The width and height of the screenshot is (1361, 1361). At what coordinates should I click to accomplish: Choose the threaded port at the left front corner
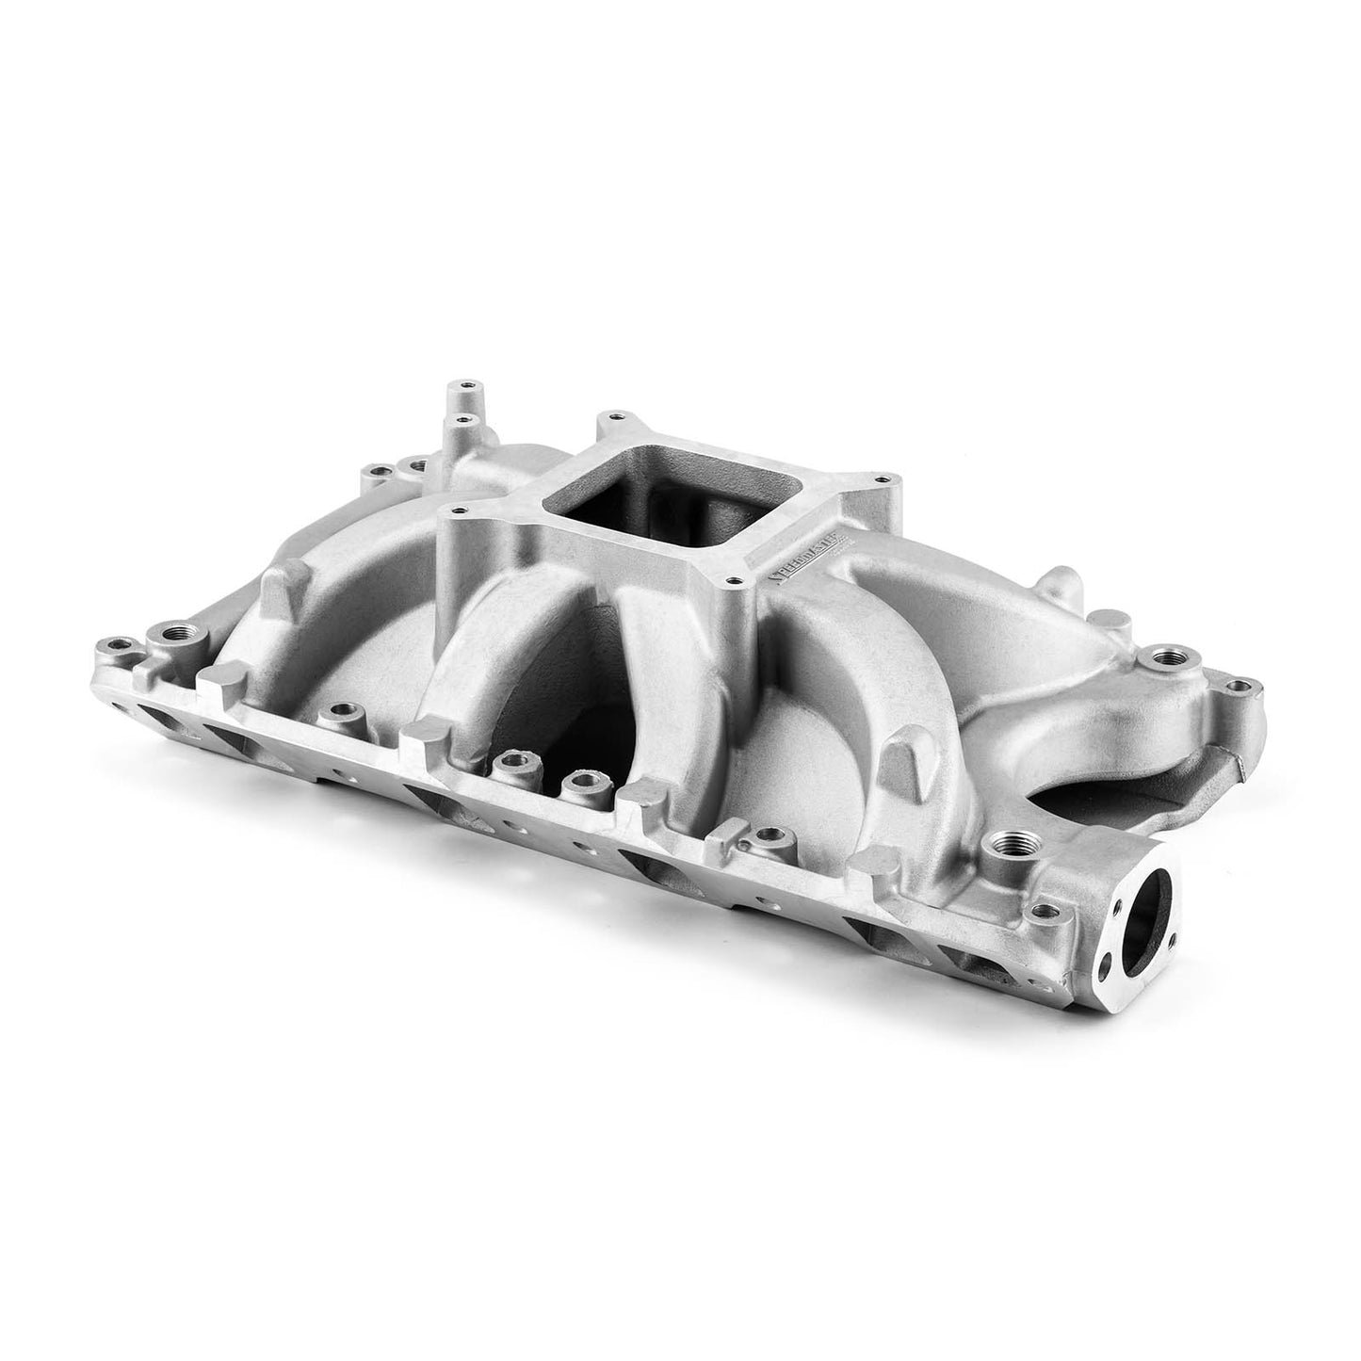click(175, 632)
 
